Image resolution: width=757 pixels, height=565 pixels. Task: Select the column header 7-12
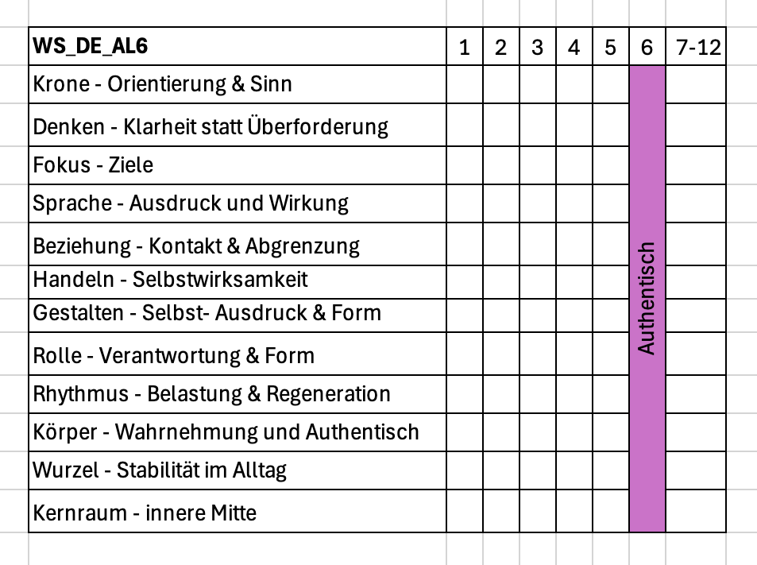pos(697,48)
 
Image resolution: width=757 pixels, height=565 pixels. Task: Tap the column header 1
pos(465,48)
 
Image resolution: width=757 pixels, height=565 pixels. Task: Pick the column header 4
pos(574,48)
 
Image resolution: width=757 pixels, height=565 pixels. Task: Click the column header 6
pos(647,48)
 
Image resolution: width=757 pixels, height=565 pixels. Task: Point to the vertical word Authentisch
pos(647,298)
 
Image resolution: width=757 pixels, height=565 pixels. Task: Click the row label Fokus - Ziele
pos(93,165)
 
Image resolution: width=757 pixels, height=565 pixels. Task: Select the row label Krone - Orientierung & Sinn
pos(162,84)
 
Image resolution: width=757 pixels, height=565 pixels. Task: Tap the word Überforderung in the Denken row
pos(318,126)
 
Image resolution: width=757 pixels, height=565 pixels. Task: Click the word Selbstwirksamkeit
pos(220,280)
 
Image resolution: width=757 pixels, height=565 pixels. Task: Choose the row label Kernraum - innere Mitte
pos(145,513)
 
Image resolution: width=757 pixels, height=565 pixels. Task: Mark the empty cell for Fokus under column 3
pos(538,165)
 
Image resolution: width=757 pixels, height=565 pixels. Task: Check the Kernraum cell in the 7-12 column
pos(696,511)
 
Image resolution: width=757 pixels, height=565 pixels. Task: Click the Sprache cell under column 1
pos(465,203)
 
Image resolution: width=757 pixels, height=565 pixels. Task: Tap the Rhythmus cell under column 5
pos(611,394)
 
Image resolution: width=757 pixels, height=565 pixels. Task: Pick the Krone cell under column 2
pos(501,84)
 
